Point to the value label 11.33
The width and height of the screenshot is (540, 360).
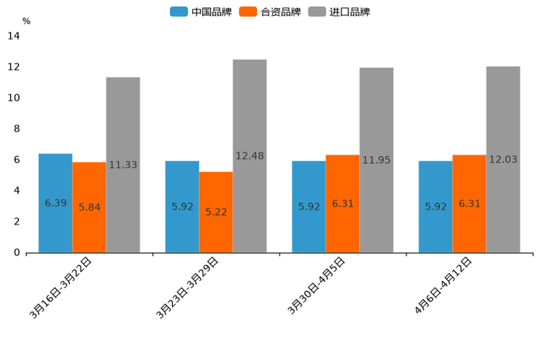point(123,165)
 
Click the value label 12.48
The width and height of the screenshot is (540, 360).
point(250,156)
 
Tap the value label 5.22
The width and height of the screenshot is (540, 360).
point(216,212)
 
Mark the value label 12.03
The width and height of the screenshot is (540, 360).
point(503,159)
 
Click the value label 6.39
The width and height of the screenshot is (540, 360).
point(56,203)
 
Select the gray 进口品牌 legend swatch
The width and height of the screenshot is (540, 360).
point(316,12)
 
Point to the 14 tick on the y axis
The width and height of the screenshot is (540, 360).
point(13,36)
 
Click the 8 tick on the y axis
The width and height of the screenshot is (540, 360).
point(16,129)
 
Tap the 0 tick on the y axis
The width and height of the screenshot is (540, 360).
point(16,253)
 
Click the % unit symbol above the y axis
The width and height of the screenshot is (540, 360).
point(26,21)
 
